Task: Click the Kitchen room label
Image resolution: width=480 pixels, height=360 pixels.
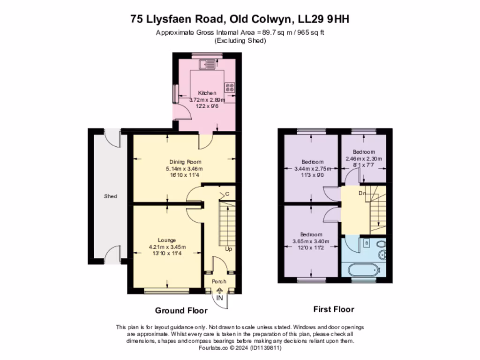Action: point(207,93)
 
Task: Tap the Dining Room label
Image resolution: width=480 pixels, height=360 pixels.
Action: point(184,162)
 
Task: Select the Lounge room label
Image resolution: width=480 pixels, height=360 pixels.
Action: point(167,240)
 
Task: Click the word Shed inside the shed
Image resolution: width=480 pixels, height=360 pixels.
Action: point(110,196)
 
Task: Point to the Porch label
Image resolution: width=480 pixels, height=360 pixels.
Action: point(219,281)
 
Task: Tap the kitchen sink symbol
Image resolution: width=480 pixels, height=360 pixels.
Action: point(206,64)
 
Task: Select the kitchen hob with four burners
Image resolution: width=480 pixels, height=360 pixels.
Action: point(230,87)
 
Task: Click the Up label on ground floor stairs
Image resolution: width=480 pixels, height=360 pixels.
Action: point(228,249)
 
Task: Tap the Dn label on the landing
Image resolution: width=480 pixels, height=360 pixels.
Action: point(362,193)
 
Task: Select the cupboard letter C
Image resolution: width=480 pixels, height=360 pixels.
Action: point(227,194)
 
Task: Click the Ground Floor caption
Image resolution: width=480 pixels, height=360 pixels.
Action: point(178,310)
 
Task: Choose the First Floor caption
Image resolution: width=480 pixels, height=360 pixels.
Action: point(333,309)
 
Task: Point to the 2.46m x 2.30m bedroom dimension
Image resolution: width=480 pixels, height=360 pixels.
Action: point(364,159)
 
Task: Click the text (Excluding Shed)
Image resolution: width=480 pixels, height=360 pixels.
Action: point(240,41)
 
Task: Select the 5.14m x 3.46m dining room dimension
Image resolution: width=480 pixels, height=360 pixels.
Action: point(184,169)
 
